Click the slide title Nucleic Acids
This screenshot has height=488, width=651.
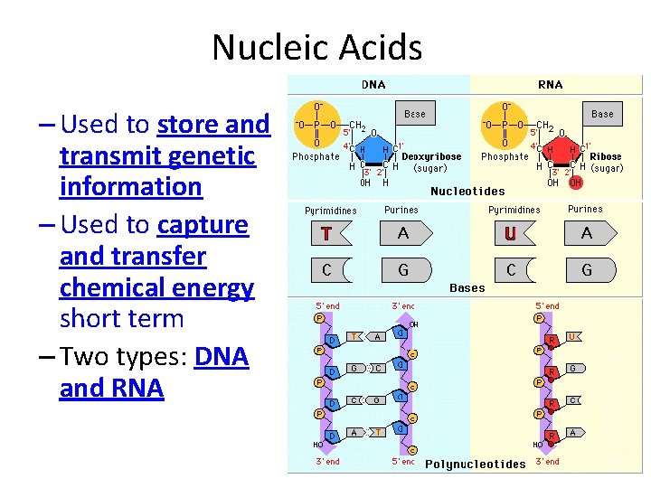(316, 47)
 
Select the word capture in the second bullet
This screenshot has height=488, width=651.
(202, 223)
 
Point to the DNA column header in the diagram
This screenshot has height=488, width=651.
(373, 85)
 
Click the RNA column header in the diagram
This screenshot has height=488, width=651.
(550, 85)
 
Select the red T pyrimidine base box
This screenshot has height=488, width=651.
(325, 234)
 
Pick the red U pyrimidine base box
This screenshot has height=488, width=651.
(510, 234)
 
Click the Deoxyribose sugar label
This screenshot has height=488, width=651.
(430, 156)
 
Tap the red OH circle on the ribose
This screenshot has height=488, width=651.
(576, 183)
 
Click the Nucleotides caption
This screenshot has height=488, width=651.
(467, 192)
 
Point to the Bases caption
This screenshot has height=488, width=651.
(467, 288)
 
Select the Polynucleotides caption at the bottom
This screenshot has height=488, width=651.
(475, 465)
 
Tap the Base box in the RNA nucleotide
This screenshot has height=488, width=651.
(602, 114)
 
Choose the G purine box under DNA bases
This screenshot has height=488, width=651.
(403, 269)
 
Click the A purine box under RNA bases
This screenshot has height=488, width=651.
(587, 234)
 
